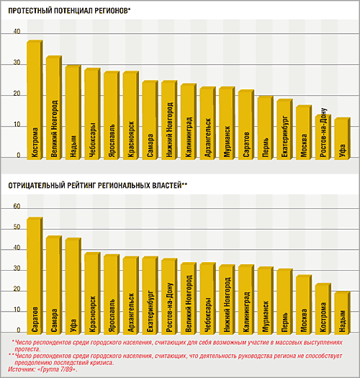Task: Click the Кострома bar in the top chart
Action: tap(35, 100)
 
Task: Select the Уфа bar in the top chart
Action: tap(343, 139)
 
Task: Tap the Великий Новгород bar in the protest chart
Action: tap(54, 107)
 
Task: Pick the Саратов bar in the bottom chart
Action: tap(35, 276)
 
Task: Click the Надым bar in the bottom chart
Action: tap(343, 313)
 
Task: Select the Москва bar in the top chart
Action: tap(304, 132)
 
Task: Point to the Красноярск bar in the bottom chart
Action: tap(92, 293)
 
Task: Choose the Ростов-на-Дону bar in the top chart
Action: tap(323, 137)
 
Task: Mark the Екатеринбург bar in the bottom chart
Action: tap(150, 295)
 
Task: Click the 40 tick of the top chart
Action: tap(17, 32)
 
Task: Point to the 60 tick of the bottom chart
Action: tap(17, 207)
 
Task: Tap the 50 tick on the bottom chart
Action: tap(17, 228)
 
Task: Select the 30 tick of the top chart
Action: tap(17, 63)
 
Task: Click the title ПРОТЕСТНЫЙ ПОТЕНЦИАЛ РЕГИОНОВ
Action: tap(68, 11)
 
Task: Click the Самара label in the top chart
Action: tap(150, 145)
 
